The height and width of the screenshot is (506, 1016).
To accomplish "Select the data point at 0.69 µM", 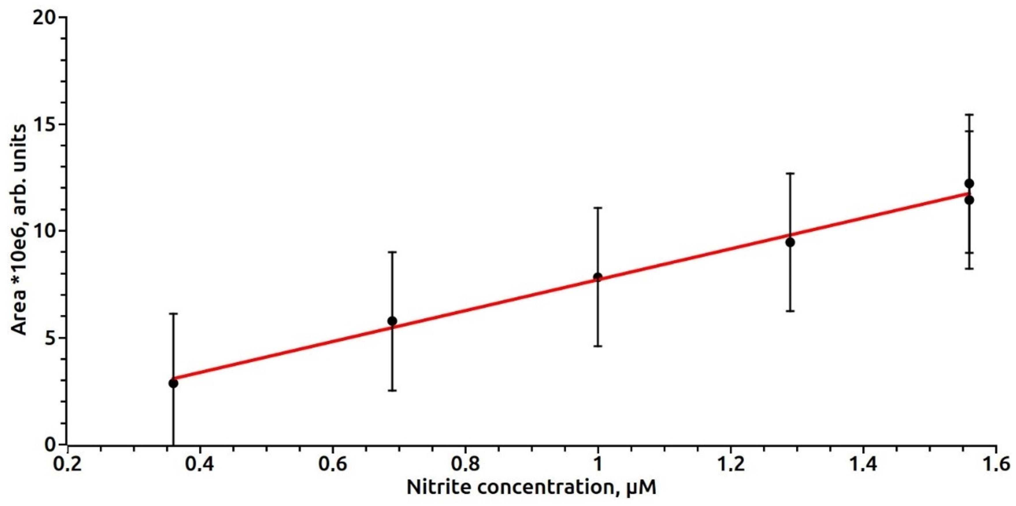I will pyautogui.click(x=392, y=321).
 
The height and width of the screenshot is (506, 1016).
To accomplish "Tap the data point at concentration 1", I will pyautogui.click(x=598, y=277).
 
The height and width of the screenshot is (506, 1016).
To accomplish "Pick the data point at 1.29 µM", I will pyautogui.click(x=790, y=242).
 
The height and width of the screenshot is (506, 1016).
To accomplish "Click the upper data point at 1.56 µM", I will pyautogui.click(x=969, y=184).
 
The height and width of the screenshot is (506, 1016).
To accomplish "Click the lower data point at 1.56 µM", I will pyautogui.click(x=969, y=200).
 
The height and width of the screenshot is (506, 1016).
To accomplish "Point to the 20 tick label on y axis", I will pyautogui.click(x=44, y=18).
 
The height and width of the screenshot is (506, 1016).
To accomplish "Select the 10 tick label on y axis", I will pyautogui.click(x=44, y=231).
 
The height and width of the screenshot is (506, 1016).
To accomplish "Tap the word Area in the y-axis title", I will pyautogui.click(x=19, y=312).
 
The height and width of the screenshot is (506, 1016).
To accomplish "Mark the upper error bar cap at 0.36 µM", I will pyautogui.click(x=173, y=314).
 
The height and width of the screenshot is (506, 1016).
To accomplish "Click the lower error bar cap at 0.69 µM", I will pyautogui.click(x=392, y=390).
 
